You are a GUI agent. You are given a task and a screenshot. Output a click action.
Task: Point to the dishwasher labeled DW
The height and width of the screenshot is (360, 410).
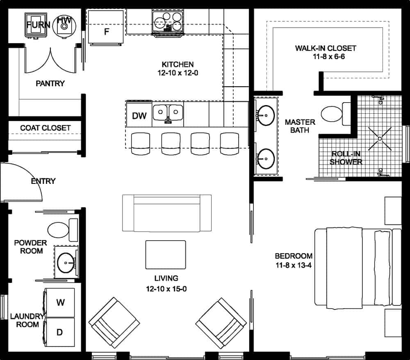139,116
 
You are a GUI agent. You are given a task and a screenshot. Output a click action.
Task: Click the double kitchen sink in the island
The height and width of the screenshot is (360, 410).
168,112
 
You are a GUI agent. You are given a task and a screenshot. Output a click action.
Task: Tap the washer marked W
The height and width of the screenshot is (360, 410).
60,303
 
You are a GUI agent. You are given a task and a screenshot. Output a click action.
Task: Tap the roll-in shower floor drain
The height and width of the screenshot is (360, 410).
380,139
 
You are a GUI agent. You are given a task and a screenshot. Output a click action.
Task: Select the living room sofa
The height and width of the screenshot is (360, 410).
167,213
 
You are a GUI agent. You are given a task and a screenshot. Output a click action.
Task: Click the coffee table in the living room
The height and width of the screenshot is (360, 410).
166,255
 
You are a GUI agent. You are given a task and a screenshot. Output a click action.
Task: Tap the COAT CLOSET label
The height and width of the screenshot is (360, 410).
45,128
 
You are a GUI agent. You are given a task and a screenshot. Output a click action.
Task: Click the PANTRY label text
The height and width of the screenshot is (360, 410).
50,84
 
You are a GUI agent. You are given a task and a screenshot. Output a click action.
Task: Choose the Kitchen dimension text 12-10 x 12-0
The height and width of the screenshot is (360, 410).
178,74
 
